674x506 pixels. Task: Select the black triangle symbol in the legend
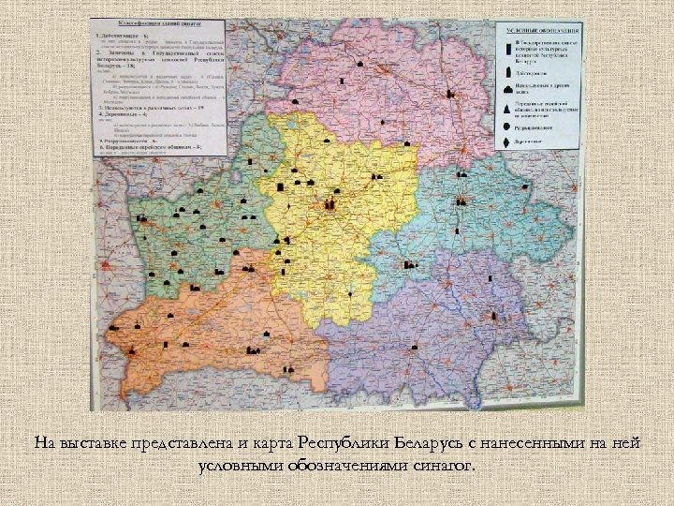507,109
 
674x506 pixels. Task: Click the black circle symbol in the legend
507,126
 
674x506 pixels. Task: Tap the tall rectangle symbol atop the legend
507,43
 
